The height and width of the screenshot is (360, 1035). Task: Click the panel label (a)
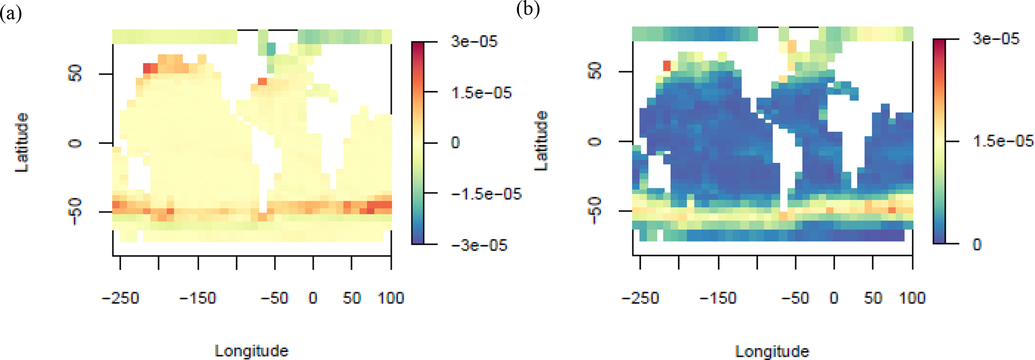[x=11, y=14]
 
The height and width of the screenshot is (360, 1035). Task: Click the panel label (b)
[x=528, y=10]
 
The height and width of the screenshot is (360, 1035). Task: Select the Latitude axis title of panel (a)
[x=22, y=143]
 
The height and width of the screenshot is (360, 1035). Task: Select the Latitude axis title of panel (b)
[x=541, y=141]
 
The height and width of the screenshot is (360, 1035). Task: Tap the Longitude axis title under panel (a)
[x=251, y=350]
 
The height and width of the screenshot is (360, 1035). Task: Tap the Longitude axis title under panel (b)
[x=772, y=350]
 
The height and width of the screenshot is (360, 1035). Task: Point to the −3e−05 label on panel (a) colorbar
[x=479, y=245]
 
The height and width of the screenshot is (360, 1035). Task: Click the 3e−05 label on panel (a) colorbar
[x=474, y=41]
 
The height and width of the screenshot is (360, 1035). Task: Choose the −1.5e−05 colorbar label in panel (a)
[x=486, y=194]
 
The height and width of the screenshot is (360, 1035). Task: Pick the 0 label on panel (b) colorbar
[x=976, y=245]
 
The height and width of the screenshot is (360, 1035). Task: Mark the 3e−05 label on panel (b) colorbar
[x=995, y=39]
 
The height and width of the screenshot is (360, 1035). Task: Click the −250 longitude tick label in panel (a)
[x=120, y=298]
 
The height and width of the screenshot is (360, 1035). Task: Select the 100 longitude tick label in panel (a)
[x=391, y=298]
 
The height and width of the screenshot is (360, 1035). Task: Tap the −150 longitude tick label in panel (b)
[x=719, y=298]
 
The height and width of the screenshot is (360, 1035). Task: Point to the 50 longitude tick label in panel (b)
[x=873, y=298]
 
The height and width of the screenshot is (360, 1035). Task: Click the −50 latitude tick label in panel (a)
[x=75, y=212]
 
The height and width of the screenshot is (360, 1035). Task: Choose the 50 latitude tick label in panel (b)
[x=595, y=72]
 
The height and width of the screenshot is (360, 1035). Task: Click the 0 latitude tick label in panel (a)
[x=75, y=143]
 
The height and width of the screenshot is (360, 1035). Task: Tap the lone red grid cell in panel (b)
[x=666, y=66]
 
